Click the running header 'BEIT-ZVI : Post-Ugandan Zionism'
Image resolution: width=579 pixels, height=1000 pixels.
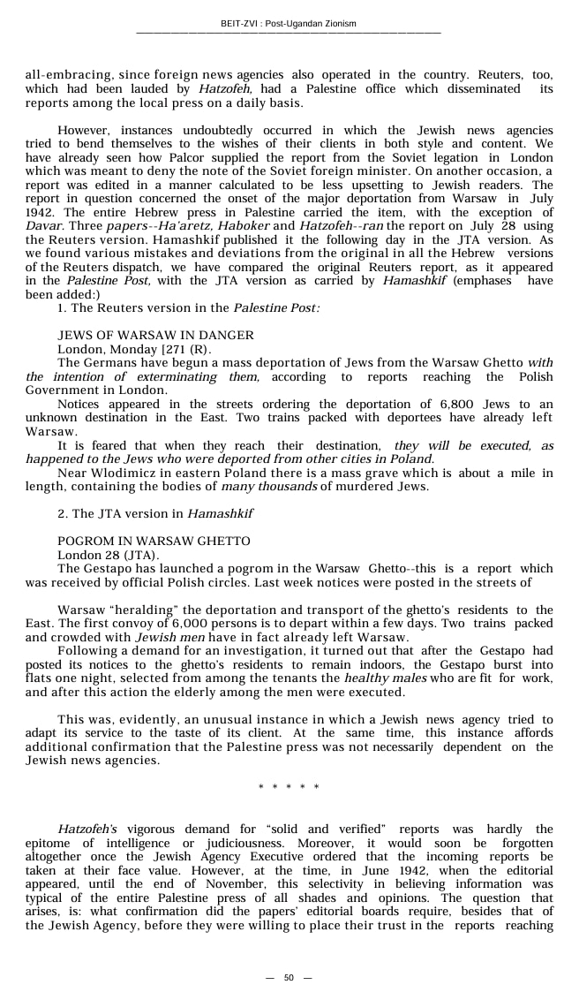pos(289,24)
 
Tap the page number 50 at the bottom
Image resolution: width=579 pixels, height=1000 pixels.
pos(289,978)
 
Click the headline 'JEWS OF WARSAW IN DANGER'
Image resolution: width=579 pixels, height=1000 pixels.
pos(155,335)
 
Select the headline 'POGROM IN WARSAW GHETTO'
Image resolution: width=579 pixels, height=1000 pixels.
pos(154,541)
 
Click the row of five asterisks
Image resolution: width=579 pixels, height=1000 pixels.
pos(289,787)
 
